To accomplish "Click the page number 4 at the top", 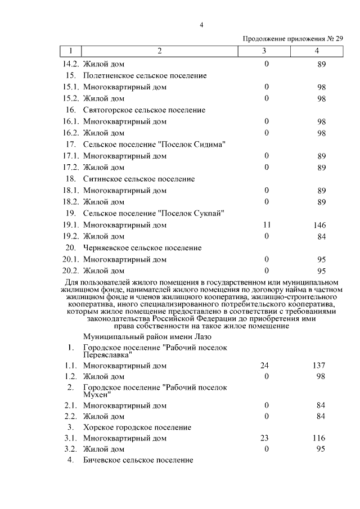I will tap(201, 24).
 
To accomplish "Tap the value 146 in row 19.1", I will tap(320, 225).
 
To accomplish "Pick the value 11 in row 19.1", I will tap(267, 225).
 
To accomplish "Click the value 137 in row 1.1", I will tap(319, 366).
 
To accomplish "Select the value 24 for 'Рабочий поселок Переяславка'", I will tap(265, 366).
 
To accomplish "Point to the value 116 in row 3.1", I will tap(319, 438).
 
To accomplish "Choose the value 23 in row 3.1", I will tap(265, 438).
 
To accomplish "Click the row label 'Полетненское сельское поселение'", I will tap(145, 75).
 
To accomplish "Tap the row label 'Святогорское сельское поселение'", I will tap(144, 110).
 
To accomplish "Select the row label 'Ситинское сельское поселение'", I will tap(139, 179).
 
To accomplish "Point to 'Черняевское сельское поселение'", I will tap(142, 247).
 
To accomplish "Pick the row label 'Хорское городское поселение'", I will tap(137, 427).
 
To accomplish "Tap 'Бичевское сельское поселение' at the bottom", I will tap(138, 460).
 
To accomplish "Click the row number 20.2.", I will tap(70, 271).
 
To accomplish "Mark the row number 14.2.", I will tap(70, 64).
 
